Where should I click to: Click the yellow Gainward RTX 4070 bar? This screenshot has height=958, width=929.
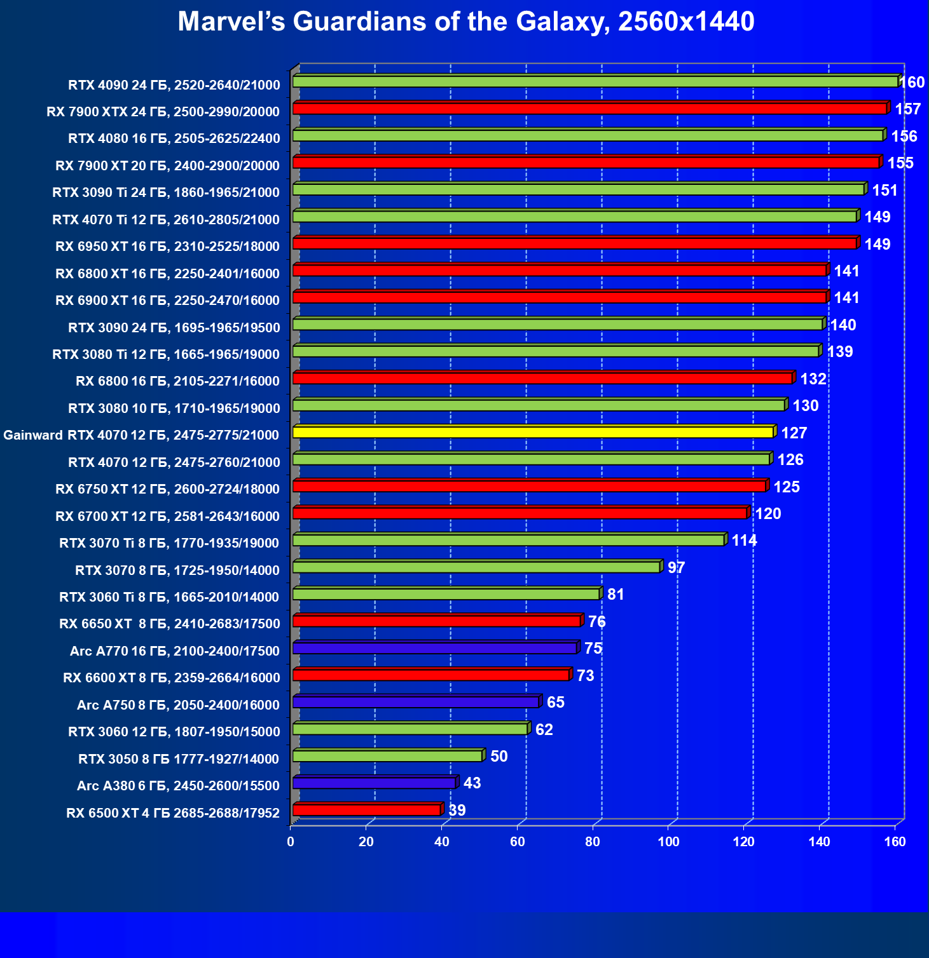[533, 432]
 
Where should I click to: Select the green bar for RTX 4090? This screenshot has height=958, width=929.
[595, 81]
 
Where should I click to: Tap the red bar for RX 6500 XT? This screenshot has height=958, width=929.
[367, 809]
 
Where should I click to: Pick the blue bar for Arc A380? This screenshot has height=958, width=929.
[374, 783]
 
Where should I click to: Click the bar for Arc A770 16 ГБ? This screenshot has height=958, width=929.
[435, 648]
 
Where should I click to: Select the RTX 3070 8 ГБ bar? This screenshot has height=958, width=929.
[476, 567]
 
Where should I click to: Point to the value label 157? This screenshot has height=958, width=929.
[907, 109]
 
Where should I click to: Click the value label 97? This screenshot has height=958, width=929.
[676, 567]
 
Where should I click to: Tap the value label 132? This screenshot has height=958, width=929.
[813, 379]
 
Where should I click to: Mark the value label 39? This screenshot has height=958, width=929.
[457, 810]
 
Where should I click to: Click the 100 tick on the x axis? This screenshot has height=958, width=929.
[668, 842]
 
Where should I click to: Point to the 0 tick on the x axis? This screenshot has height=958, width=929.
[291, 842]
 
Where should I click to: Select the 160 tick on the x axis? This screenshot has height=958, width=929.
[895, 842]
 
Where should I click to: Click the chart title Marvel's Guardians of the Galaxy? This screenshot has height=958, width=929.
[465, 22]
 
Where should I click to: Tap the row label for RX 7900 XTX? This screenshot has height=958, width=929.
[163, 112]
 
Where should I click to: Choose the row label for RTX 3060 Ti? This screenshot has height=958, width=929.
[169, 597]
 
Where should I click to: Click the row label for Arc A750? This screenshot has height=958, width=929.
[178, 705]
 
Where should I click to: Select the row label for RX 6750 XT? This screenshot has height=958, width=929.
[167, 489]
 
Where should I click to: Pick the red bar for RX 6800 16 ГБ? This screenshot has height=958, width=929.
[542, 378]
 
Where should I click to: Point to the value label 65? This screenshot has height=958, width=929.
[555, 702]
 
